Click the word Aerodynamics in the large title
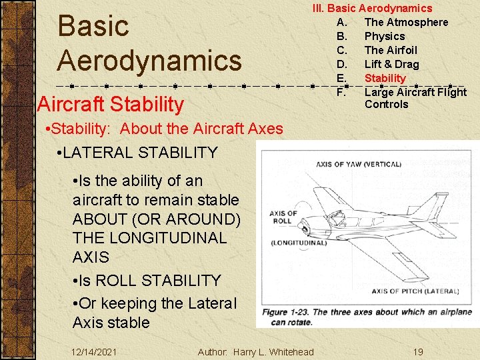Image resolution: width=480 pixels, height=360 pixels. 149,60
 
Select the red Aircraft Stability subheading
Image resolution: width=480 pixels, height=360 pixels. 111,104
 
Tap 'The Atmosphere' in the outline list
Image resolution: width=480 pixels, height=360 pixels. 406,22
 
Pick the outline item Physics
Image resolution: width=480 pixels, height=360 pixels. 384,36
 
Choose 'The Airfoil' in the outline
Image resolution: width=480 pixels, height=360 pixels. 390,50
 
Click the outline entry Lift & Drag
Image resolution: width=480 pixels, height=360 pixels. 391,64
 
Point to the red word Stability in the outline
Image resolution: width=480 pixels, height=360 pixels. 385,78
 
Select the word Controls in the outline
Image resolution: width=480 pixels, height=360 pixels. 386,104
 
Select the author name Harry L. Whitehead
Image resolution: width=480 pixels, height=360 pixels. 273,351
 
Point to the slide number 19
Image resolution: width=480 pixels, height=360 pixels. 417,351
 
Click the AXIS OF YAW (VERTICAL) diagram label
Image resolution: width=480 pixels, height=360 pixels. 358,164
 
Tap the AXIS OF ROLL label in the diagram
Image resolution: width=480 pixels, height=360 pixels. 283,218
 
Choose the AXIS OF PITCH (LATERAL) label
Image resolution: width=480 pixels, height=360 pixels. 415,291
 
